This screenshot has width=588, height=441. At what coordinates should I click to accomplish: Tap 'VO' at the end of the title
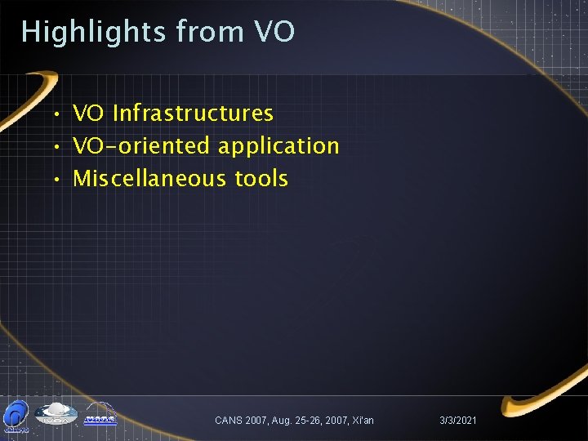[274, 32]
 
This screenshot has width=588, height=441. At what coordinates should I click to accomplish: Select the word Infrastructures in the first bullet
[193, 113]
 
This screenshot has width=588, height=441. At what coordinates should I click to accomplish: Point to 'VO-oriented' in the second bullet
[142, 145]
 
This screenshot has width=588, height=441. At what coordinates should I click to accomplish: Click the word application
[278, 145]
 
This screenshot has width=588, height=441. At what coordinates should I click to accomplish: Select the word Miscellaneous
[150, 178]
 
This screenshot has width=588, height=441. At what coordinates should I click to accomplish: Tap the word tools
[261, 178]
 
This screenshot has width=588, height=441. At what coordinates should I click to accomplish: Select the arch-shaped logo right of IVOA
[100, 416]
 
